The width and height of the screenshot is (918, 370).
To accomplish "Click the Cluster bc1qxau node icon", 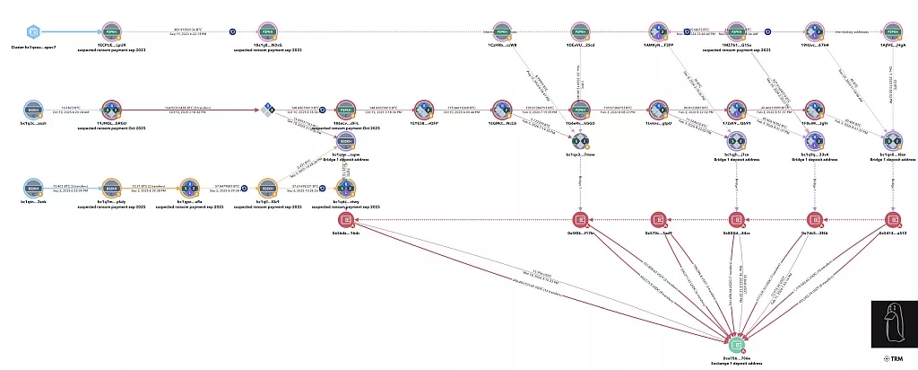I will tap(33, 31).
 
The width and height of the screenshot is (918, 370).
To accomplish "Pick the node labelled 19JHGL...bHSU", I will tap(111, 110).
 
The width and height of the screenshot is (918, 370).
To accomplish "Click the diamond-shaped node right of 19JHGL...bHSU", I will tap(267, 110).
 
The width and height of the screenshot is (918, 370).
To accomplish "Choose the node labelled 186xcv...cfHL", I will tap(344, 110).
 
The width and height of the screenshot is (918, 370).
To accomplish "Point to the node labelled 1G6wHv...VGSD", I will tap(579, 110).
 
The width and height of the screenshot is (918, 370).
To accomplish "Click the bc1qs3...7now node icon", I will tap(579, 142).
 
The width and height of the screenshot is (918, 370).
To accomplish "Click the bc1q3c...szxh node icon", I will tap(33, 110).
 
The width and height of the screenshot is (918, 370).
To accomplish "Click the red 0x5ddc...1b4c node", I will tap(344, 220).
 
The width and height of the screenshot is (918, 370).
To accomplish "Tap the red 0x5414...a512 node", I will tap(892, 220).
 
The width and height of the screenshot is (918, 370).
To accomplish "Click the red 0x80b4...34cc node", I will tap(736, 220).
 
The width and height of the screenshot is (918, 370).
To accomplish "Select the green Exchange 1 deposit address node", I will tap(736, 344).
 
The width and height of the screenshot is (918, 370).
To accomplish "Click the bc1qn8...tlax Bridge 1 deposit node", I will tap(892, 142).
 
